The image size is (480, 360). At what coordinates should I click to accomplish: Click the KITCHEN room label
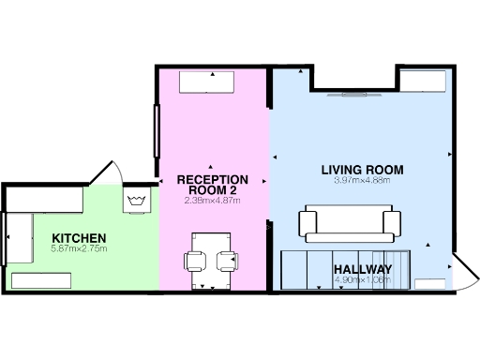point(79,237)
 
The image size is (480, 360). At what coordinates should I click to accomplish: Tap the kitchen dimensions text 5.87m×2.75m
point(80,248)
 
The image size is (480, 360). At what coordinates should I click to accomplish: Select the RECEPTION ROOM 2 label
point(213,185)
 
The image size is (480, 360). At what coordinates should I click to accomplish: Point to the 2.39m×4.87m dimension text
point(213,201)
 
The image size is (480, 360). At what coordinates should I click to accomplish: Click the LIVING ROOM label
point(362,170)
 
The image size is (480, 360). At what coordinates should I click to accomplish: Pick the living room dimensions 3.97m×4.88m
point(362,181)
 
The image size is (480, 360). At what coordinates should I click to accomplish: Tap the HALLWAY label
point(363,270)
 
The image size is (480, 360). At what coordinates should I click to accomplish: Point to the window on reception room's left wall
point(157,130)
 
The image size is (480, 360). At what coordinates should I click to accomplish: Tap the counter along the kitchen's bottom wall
point(41,280)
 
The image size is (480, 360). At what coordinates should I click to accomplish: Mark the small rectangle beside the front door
point(431,283)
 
